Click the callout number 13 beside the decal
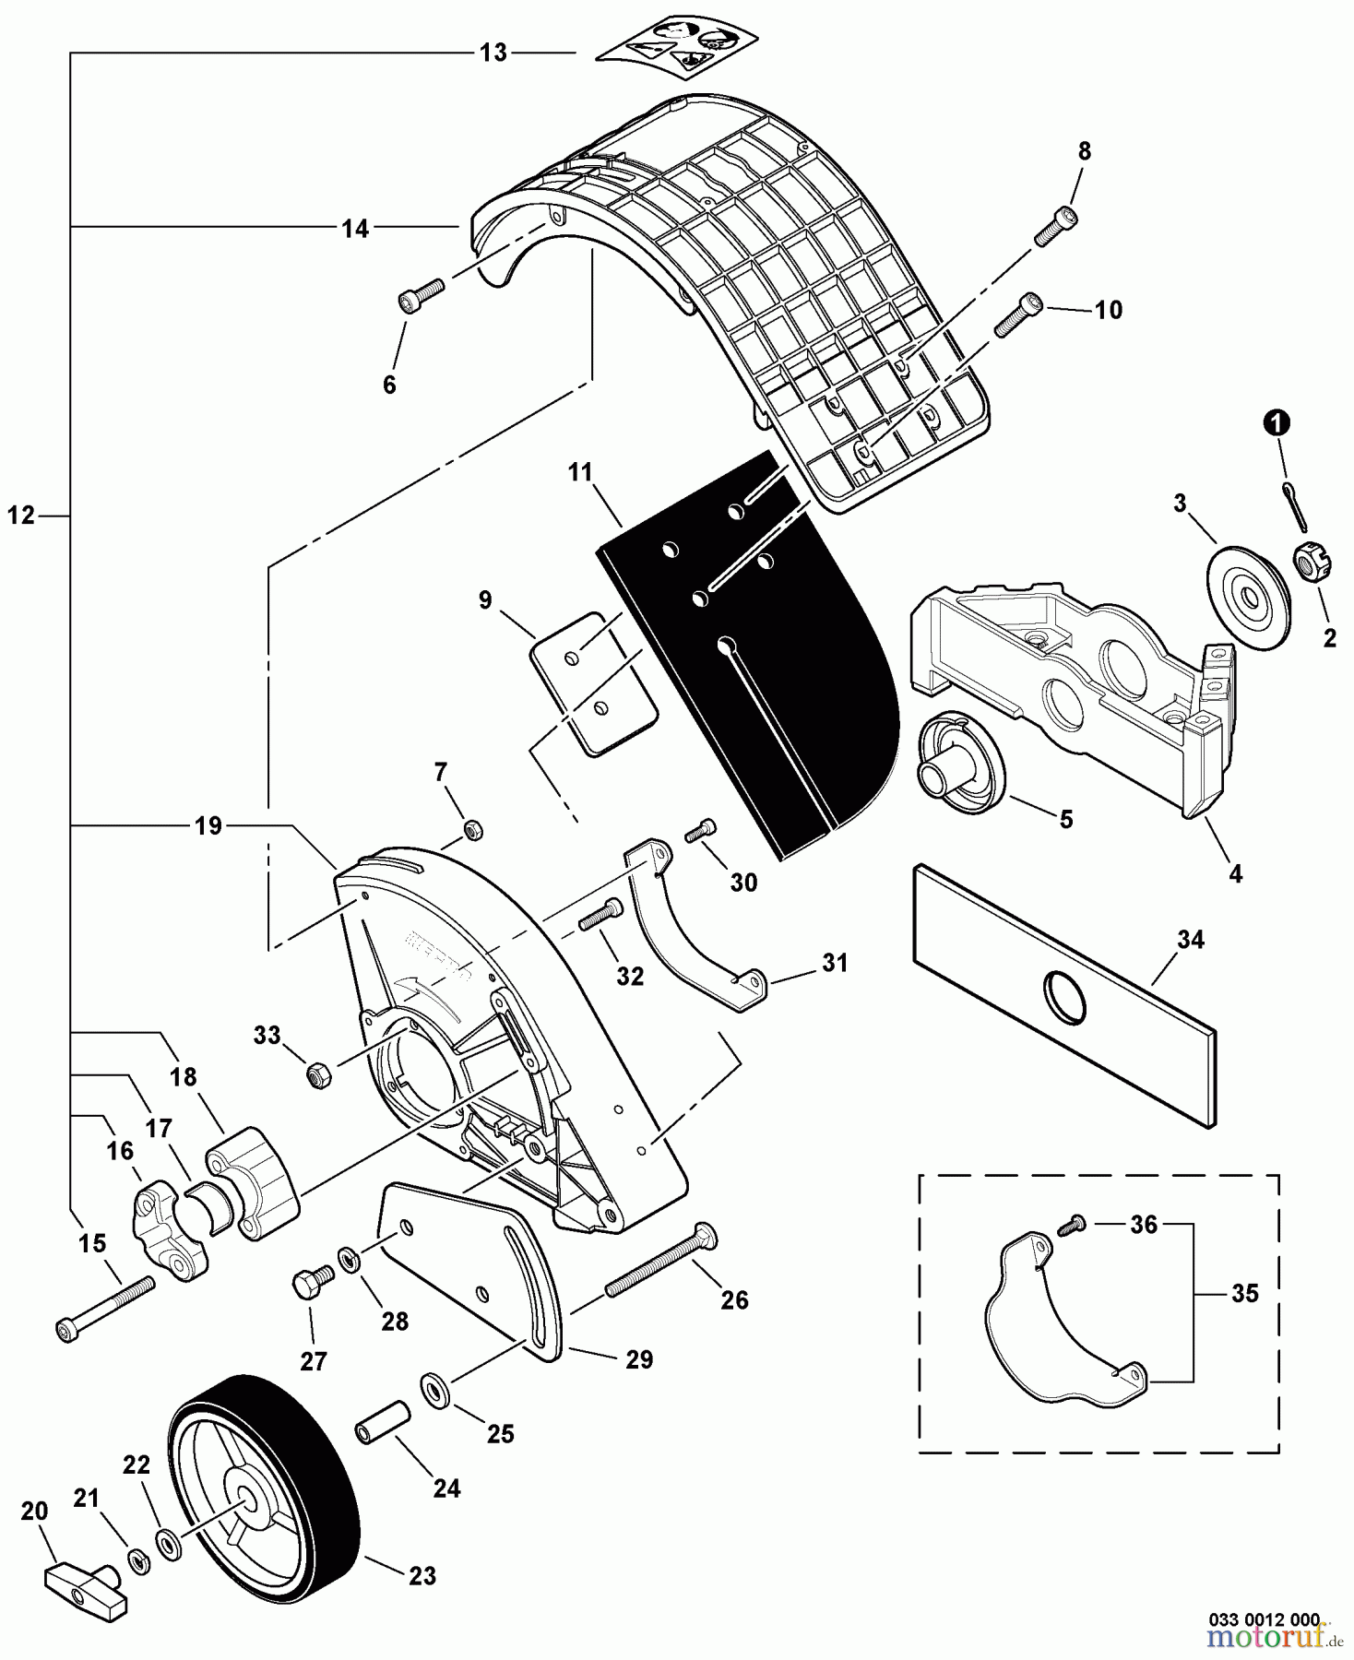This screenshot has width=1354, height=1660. click(x=493, y=53)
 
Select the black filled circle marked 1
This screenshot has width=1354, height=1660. click(x=1277, y=424)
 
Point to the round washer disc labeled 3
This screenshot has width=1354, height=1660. click(x=1248, y=598)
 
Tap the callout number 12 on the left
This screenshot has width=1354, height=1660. click(x=20, y=516)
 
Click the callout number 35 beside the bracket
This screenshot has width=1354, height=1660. click(x=1244, y=1294)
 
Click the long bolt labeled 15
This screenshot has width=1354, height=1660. click(x=106, y=1305)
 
